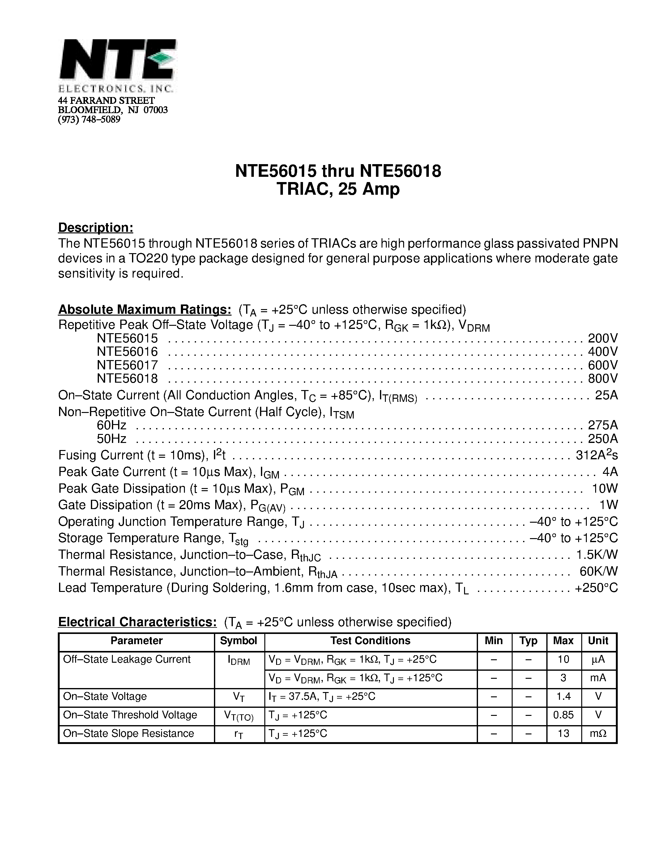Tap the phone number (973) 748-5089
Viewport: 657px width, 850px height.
89,120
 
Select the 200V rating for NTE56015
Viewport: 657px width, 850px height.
603,338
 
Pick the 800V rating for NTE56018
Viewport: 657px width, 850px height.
603,378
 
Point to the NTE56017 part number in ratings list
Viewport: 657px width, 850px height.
127,365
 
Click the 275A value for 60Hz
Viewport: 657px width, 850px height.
603,425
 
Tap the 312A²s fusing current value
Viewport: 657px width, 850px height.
597,455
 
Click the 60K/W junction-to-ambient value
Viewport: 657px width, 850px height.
599,571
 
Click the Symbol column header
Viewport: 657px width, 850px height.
239,641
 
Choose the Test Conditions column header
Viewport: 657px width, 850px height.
370,641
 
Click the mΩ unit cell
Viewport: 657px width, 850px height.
598,734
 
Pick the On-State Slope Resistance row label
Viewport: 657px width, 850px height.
128,734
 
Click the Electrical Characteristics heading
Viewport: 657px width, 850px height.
137,622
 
